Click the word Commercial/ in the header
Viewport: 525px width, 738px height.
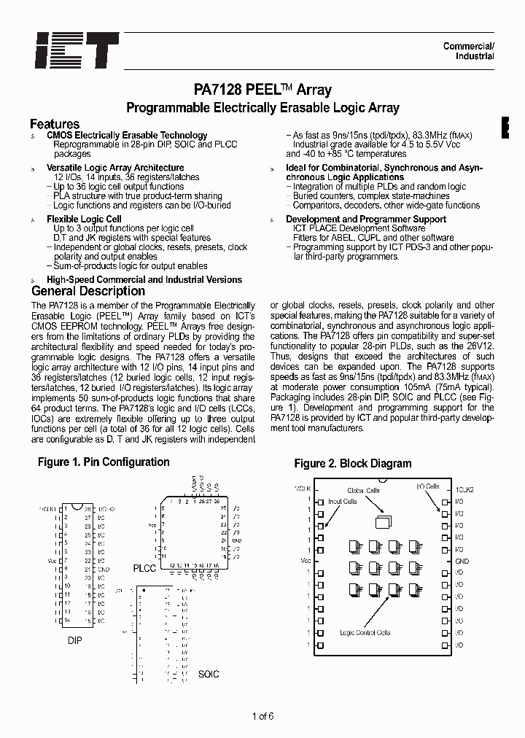[x=469, y=47]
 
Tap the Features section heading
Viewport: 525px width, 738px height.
[x=55, y=124]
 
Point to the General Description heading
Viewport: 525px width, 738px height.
[x=87, y=292]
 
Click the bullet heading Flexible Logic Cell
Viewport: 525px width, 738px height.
[x=84, y=219]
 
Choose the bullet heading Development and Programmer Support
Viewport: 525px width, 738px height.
[x=366, y=219]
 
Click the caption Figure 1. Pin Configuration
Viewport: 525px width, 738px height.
[x=104, y=462]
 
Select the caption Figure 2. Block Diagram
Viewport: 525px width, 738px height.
[x=353, y=464]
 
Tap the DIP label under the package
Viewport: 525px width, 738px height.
[x=74, y=640]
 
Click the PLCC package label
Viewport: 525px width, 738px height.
[x=144, y=568]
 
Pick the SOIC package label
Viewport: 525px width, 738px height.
[x=209, y=675]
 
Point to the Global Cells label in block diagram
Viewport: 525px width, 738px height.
[x=364, y=491]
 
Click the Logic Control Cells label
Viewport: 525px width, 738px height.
[x=365, y=633]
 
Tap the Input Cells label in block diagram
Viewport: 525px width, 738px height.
[x=342, y=502]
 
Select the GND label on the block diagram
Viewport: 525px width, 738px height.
[x=462, y=562]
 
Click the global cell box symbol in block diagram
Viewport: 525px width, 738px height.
[x=381, y=521]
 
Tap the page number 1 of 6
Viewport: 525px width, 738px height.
[x=262, y=715]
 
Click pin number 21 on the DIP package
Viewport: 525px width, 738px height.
[x=88, y=569]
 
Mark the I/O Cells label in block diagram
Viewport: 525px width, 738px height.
[x=427, y=486]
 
